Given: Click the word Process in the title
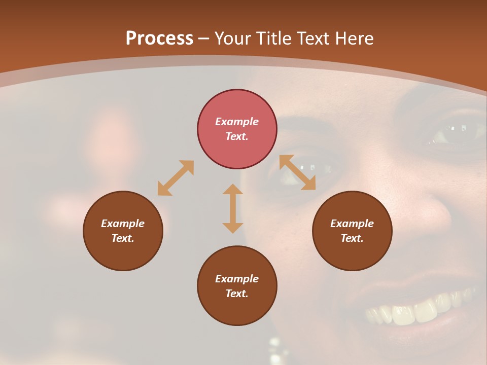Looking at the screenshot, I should tap(159, 39).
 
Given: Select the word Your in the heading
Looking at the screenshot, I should tap(232, 39).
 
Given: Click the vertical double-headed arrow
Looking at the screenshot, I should tap(233, 209).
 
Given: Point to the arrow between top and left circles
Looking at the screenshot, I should tap(176, 178).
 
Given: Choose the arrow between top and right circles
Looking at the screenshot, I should tap(297, 172).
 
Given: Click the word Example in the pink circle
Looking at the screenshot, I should tap(237, 122).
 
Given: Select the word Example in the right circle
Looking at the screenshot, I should tap(352, 224).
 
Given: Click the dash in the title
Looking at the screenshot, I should tap(204, 39).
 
